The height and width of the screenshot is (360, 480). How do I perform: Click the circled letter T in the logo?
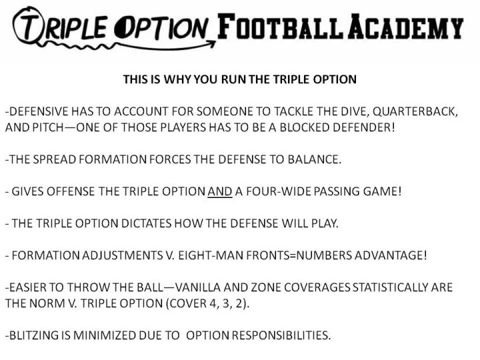click(27, 25)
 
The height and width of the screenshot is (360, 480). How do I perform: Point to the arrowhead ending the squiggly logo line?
click(211, 45)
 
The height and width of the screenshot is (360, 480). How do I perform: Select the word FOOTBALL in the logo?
click(280, 26)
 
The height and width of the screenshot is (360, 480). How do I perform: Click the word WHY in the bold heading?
click(176, 79)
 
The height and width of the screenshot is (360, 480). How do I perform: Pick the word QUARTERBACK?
click(415, 111)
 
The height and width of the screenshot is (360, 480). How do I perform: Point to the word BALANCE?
click(314, 159)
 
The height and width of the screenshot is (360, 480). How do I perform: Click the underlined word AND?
click(220, 191)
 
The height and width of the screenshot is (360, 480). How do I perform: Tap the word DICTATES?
click(146, 223)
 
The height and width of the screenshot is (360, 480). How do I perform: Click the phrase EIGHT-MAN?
click(211, 255)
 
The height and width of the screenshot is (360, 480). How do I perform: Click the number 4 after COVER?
click(213, 304)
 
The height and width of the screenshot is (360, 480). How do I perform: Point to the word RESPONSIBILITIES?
click(281, 335)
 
